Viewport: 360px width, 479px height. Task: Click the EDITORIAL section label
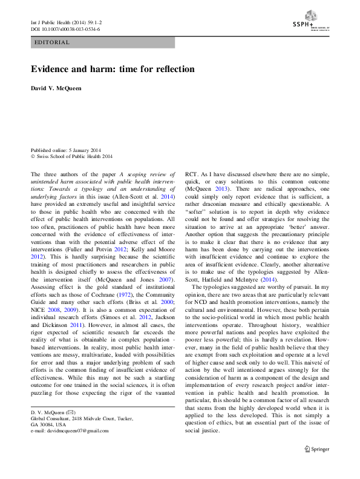pos(53,43)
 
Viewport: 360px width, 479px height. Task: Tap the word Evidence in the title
pos(53,69)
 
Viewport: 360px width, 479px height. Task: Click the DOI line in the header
pos(65,28)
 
